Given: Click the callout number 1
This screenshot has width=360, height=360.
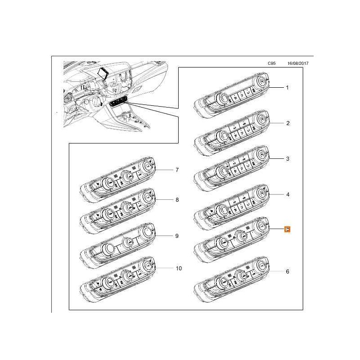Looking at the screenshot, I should tap(288, 87).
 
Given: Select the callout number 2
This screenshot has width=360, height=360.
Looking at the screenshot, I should tap(288, 123).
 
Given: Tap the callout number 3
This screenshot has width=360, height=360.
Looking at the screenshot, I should tap(288, 159).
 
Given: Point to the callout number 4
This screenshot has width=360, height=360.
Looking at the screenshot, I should tap(288, 195).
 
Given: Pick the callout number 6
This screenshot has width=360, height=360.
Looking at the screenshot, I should tap(288, 272).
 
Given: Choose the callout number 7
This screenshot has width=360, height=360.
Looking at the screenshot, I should tap(177, 170).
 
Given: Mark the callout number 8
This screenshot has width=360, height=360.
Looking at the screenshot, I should tap(177, 199).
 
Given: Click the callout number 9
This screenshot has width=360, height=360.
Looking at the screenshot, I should tap(177, 235).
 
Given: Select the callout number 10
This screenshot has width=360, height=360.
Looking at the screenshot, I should tap(178, 269).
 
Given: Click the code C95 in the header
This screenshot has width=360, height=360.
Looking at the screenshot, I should tap(272, 64).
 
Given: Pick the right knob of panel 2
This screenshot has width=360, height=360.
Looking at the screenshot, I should tap(261, 118).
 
